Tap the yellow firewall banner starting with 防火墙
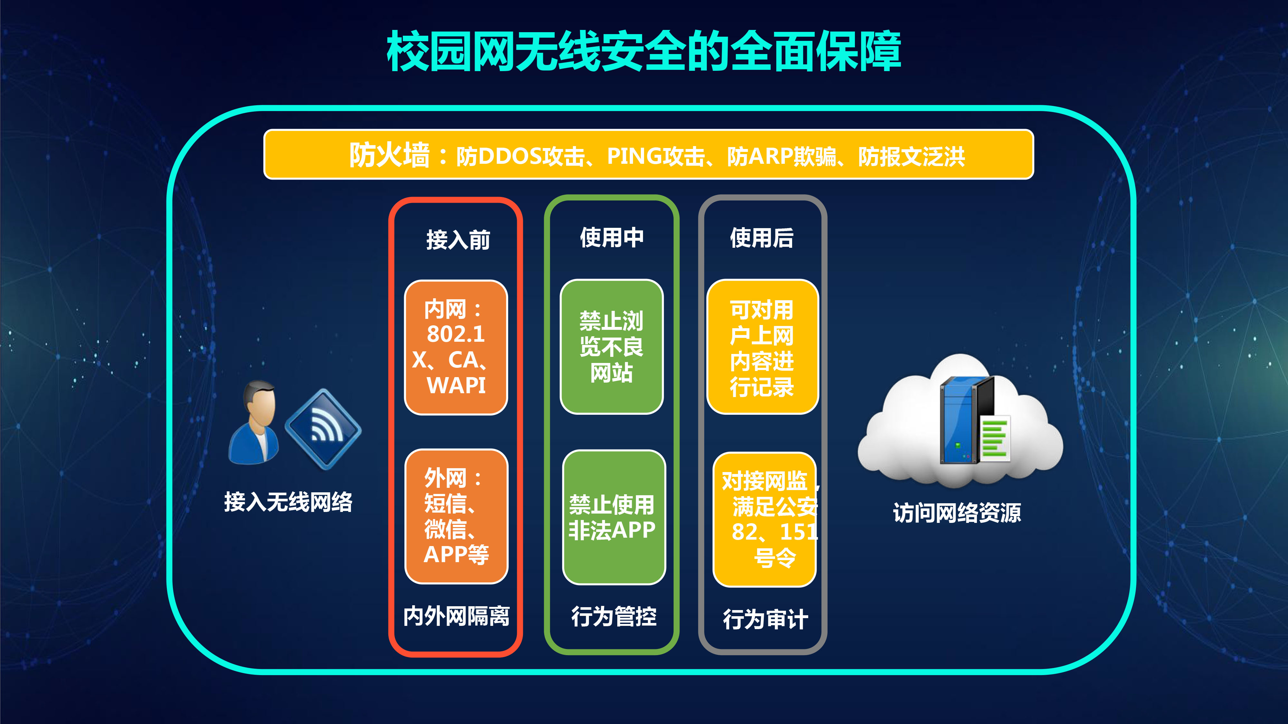click(x=649, y=154)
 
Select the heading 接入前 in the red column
click(x=458, y=240)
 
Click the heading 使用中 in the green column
click(x=611, y=237)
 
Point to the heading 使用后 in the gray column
click(x=762, y=238)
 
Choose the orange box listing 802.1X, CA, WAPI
click(x=456, y=347)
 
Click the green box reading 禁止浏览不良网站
click(x=611, y=347)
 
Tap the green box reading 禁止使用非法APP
click(x=614, y=517)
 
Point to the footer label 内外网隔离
click(x=456, y=616)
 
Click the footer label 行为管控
click(x=614, y=617)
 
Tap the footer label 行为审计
click(x=765, y=619)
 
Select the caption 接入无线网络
click(x=288, y=502)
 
